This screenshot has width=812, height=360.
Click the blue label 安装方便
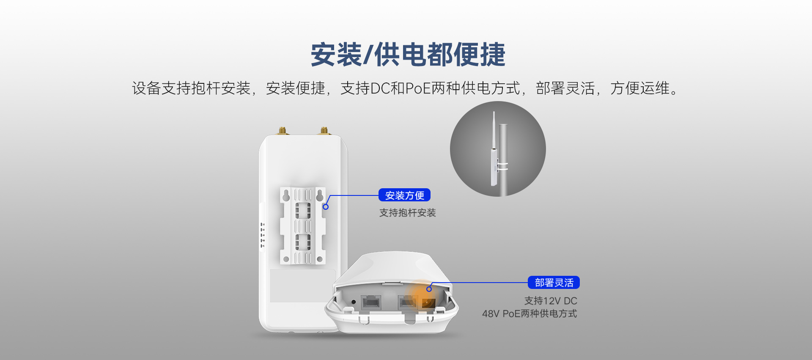click(x=404, y=195)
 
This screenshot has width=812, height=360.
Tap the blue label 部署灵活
click(x=554, y=283)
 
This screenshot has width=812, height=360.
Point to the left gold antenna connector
click(x=282, y=130)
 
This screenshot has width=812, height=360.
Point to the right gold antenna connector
click(x=324, y=130)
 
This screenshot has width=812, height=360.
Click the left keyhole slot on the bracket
click(x=286, y=196)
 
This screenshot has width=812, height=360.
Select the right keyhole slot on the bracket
click(x=320, y=196)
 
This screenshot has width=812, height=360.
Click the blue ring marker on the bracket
click(x=326, y=207)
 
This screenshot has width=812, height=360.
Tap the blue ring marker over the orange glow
click(x=429, y=289)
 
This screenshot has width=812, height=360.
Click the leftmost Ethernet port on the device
click(x=371, y=302)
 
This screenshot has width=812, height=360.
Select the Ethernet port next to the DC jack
click(x=408, y=302)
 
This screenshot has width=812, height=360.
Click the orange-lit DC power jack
click(x=428, y=303)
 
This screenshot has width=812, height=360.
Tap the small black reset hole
click(x=354, y=302)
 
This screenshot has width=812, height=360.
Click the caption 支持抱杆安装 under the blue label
click(x=407, y=213)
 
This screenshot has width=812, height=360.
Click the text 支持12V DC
click(x=551, y=301)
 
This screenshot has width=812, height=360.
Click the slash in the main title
click(x=368, y=55)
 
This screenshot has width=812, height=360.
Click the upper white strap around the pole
click(x=503, y=162)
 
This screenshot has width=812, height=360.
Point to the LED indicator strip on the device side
click(x=262, y=235)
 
